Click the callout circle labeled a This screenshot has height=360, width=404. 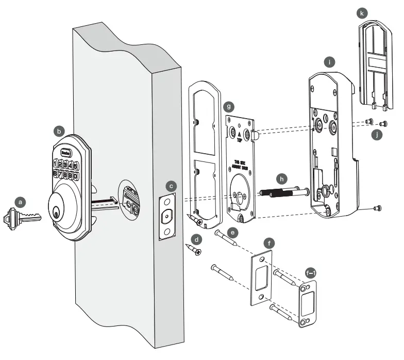point(20,203)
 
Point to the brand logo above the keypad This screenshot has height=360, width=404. point(66,152)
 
